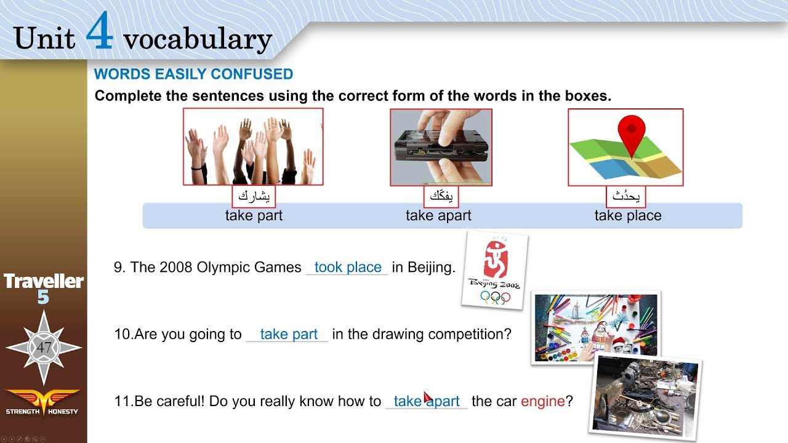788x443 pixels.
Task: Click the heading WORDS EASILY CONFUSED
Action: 193,74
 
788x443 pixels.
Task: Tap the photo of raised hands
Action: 253,147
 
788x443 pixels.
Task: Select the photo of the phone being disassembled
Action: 441,147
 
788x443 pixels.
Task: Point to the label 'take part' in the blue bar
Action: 254,216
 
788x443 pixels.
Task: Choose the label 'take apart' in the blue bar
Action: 438,216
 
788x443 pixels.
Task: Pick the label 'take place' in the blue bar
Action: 628,216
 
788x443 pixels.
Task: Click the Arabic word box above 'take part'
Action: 254,196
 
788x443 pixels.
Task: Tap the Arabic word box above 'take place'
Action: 626,196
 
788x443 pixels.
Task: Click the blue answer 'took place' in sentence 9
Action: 348,268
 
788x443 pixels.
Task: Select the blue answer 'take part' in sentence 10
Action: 289,335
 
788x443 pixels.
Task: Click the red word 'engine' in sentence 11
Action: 542,402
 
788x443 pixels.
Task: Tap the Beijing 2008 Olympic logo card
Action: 494,269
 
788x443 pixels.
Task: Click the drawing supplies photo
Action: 595,327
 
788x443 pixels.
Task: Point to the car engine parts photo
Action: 646,394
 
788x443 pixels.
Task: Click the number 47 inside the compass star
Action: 44,348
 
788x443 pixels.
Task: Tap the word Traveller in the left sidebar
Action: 44,282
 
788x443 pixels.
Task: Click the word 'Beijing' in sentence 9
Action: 423,268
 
